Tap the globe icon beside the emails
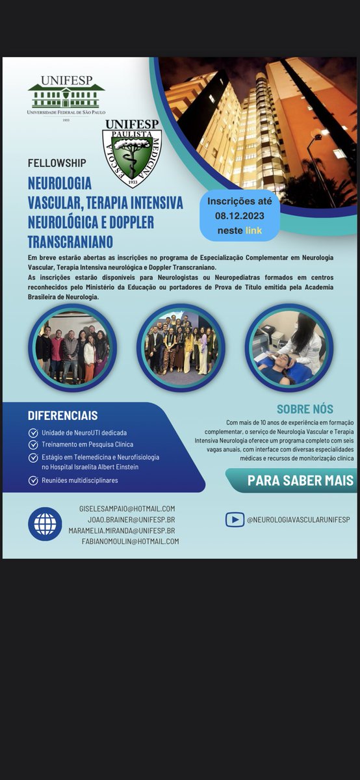(x=45, y=524)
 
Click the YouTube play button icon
(x=235, y=519)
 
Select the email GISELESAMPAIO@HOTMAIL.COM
(x=127, y=508)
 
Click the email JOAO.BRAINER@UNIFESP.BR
(x=131, y=519)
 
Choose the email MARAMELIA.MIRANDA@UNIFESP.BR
(x=122, y=530)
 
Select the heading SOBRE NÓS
(x=305, y=409)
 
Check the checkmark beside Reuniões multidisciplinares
(x=33, y=481)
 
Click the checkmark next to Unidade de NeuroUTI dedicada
(x=33, y=433)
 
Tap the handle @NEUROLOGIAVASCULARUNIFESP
(x=298, y=519)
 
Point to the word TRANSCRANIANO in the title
(x=71, y=242)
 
